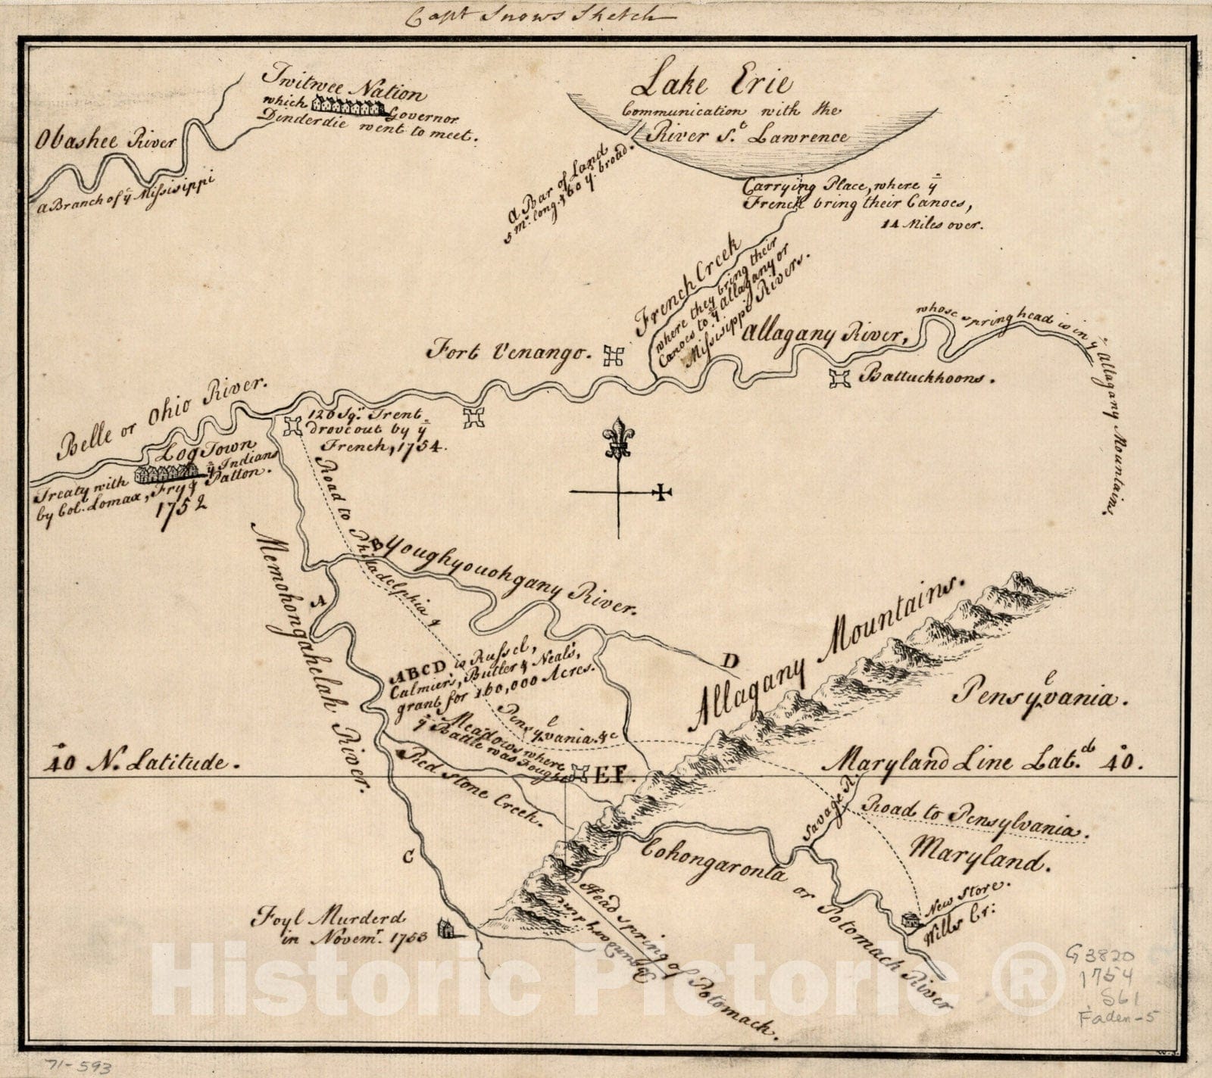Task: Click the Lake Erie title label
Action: point(711,81)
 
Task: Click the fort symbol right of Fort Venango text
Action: point(613,355)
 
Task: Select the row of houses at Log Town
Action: point(165,474)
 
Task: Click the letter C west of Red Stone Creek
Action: point(408,856)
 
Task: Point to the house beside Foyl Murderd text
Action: point(446,928)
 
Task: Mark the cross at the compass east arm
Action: point(663,493)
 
